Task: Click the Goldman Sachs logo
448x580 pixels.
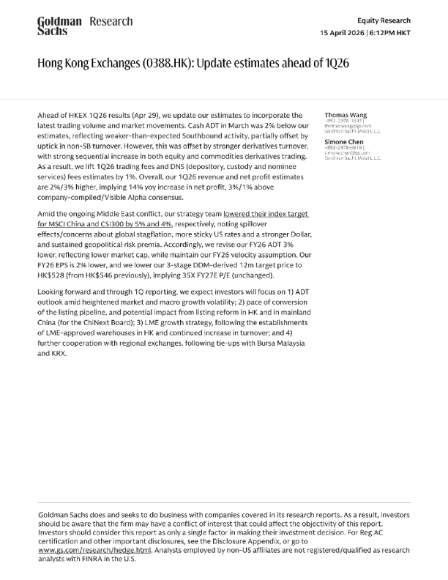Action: pyautogui.click(x=59, y=26)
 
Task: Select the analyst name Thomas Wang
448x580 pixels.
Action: pyautogui.click(x=346, y=115)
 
